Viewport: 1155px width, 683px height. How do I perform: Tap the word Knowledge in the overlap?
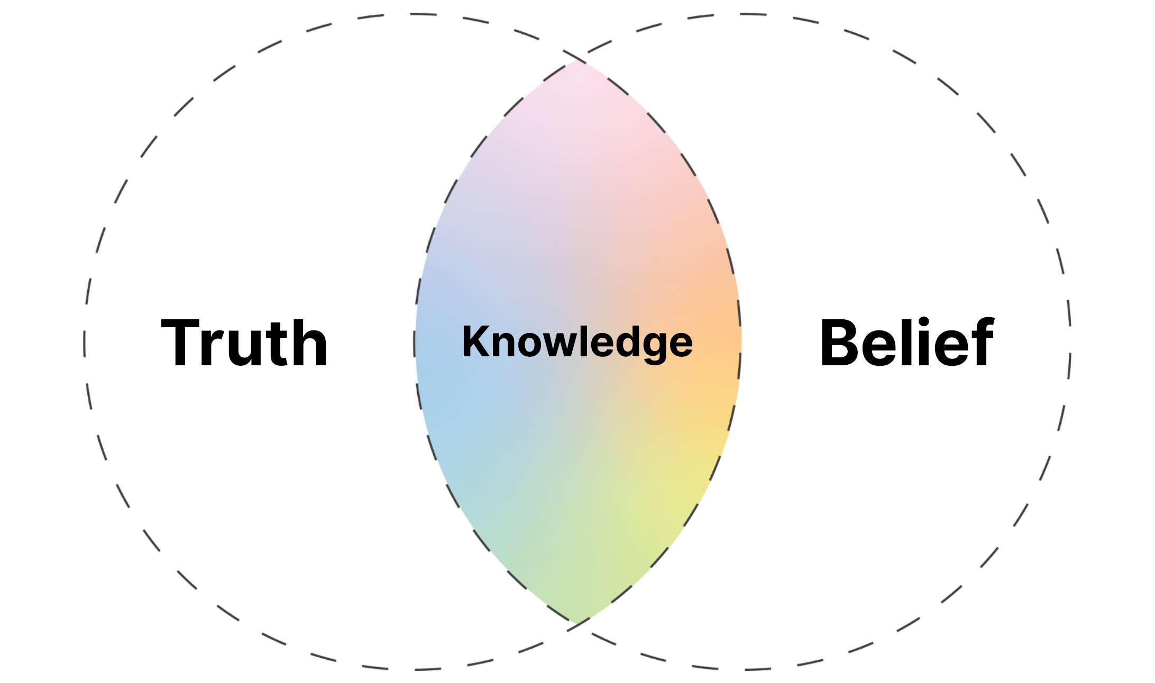[x=577, y=343]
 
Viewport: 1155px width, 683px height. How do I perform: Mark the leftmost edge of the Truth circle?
[x=85, y=343]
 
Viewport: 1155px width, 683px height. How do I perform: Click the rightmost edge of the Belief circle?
[x=1069, y=343]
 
